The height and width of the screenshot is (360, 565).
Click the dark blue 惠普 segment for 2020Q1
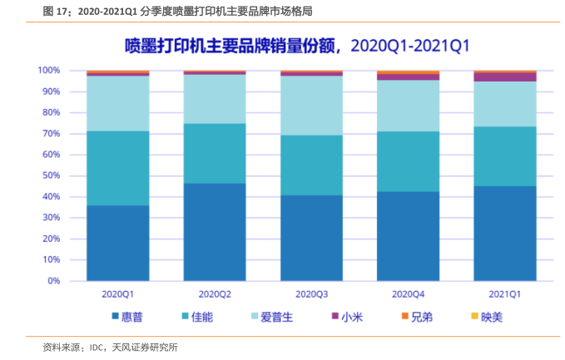[118, 243]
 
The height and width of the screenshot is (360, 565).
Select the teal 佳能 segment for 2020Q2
[215, 153]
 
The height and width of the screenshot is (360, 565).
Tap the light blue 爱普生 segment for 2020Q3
[311, 106]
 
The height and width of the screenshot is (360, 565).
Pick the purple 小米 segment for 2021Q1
[505, 76]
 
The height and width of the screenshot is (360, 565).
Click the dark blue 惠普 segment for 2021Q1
[505, 233]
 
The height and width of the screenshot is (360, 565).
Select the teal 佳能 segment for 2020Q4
[408, 161]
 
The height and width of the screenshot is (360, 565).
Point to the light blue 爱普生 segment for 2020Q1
[118, 103]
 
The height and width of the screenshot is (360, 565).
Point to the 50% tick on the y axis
[50, 175]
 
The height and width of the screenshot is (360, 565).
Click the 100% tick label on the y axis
[48, 71]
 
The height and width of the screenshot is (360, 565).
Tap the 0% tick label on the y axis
[53, 281]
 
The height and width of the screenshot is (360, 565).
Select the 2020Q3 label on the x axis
[311, 294]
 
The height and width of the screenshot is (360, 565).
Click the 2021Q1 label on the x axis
[505, 294]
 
